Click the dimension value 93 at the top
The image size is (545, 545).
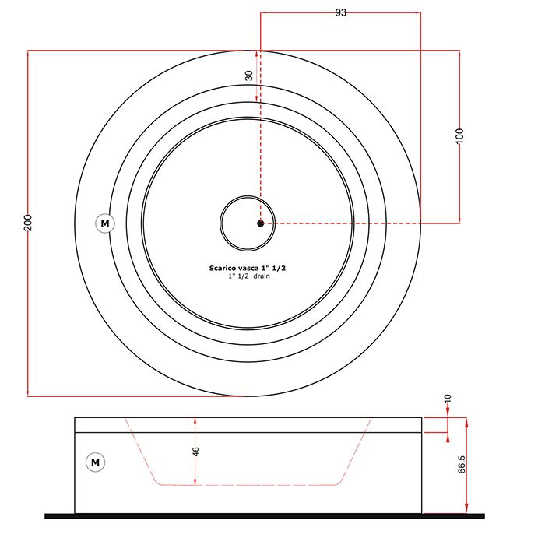tap(341, 12)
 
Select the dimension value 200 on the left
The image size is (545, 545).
tap(28, 223)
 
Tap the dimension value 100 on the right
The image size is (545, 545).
tap(459, 136)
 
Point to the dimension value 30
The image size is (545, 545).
tap(249, 76)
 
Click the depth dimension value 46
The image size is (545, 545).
tap(195, 452)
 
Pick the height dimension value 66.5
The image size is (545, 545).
tap(462, 464)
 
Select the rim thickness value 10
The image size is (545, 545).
tap(448, 399)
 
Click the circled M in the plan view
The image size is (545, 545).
tap(105, 223)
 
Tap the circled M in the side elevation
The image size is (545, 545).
tap(95, 462)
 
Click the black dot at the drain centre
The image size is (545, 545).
tap(260, 223)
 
